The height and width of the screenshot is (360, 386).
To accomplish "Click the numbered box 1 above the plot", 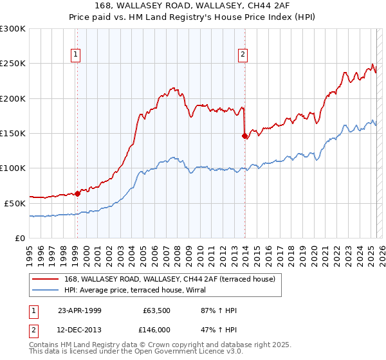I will (77, 55).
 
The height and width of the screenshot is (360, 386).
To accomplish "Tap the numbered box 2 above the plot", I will (243, 55).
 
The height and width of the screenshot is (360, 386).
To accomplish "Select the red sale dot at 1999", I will (77, 193).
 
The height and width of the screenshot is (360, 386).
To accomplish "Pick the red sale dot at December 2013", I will (244, 136).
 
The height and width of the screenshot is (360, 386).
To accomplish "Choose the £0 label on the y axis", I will (21, 238).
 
